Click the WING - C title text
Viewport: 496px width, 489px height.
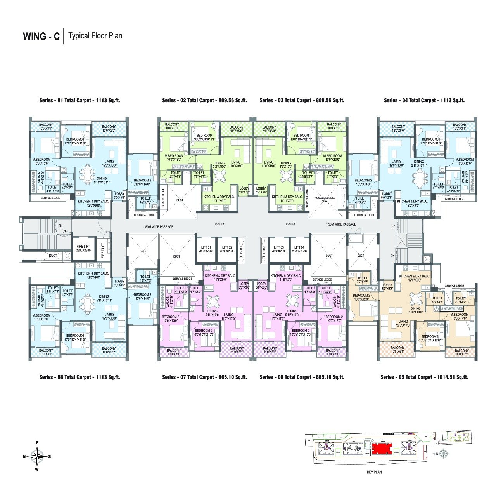pos(41,36)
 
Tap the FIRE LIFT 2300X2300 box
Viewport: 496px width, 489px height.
pos(83,249)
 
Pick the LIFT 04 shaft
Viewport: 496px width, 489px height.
pos(300,249)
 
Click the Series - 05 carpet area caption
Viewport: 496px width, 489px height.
pos(424,377)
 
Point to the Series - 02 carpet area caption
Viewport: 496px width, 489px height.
pos(204,100)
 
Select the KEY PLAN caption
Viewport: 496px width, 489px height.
pos(374,472)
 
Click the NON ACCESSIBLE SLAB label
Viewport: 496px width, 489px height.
pos(325,200)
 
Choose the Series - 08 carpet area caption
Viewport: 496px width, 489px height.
pos(79,377)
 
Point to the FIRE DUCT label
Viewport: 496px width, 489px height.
pos(103,251)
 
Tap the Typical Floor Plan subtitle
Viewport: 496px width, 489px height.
pos(95,36)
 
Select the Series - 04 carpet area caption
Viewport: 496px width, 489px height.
pos(424,100)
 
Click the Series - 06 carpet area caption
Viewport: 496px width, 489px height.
pos(302,377)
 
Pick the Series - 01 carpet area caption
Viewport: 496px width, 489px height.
pos(79,100)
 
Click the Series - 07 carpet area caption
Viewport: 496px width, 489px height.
pos(204,377)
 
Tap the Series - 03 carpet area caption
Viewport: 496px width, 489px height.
pos(302,100)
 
